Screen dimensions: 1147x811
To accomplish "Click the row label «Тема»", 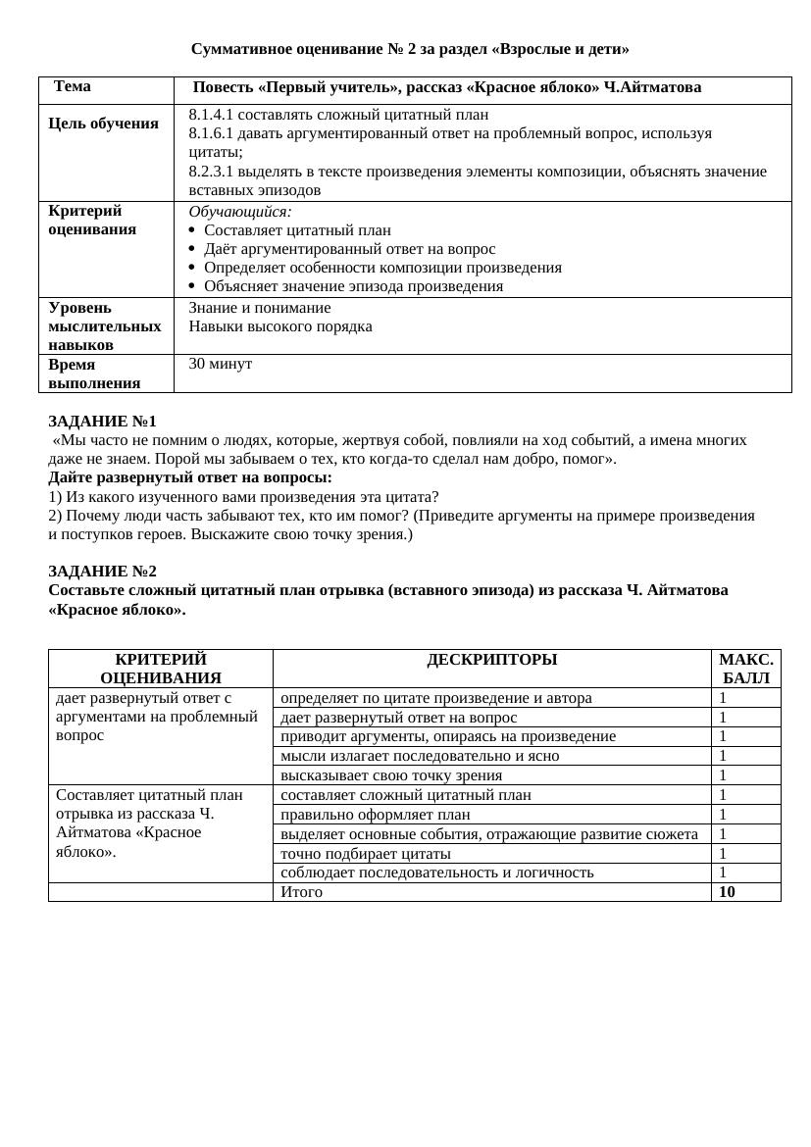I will [73, 86].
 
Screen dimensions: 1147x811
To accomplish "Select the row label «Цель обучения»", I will [103, 124].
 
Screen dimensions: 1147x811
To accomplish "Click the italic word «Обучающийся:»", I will [240, 212].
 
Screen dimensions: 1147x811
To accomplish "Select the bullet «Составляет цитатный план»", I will [297, 230].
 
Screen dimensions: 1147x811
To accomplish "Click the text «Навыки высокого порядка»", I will [280, 326].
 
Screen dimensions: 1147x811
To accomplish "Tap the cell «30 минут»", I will [221, 364].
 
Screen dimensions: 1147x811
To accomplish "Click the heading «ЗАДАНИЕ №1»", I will [102, 422].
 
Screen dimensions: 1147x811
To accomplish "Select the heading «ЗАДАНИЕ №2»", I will [102, 572].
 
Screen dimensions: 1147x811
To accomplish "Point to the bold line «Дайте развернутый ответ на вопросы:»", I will [190, 477].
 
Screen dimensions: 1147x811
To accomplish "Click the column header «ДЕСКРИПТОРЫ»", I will [491, 660].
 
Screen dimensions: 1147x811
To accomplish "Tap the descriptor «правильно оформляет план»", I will [376, 815].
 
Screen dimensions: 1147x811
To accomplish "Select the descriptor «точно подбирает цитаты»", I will [366, 853].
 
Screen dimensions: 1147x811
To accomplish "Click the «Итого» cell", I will [301, 892].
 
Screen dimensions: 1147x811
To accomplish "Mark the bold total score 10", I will [727, 892].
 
